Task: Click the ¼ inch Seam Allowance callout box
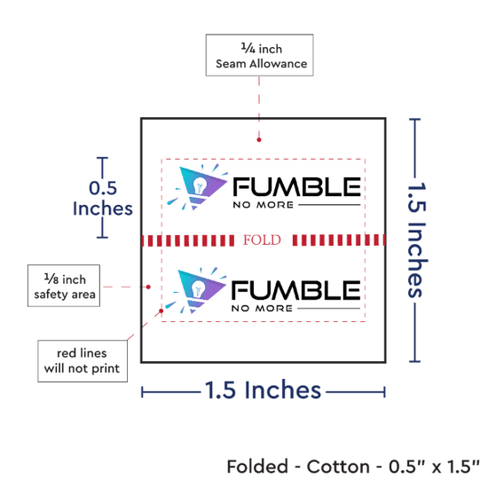point(259,55)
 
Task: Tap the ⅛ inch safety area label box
point(64,286)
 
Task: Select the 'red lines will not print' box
point(83,361)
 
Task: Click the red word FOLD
point(262,240)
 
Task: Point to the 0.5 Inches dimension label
point(103,198)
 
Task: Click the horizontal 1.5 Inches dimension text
point(263,390)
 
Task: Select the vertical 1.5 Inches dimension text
point(417,240)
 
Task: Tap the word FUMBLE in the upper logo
point(297,186)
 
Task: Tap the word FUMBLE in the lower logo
point(295,290)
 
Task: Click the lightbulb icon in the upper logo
point(199,185)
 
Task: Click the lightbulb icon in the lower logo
point(198,288)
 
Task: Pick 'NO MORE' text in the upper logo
point(264,205)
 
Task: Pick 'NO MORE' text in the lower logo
point(262,309)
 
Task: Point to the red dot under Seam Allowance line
point(259,139)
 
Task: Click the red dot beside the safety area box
point(148,287)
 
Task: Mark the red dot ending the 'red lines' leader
point(161,311)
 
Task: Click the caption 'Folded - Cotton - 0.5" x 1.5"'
point(353,466)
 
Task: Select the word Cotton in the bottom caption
point(338,467)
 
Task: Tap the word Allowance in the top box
point(279,64)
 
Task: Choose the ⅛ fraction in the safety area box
point(51,279)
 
